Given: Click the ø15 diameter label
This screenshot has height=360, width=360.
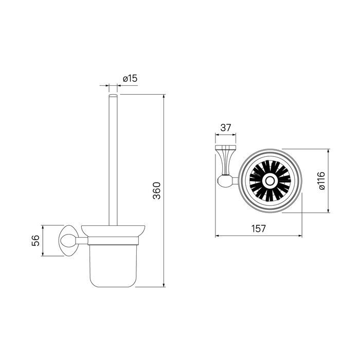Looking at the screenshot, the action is [130, 79].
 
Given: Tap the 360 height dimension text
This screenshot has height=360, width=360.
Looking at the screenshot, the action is [157, 191].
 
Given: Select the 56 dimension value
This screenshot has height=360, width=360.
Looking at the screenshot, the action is [35, 241].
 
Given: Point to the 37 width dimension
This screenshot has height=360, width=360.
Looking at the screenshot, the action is [225, 128].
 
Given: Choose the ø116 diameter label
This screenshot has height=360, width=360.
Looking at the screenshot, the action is [322, 181].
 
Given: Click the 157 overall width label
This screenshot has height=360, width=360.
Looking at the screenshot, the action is [258, 228].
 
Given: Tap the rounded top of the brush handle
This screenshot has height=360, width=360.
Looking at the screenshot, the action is [113, 95].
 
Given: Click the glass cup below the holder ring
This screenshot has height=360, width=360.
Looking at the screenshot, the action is [113, 266].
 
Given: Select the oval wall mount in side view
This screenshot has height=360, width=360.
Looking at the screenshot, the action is [68, 241].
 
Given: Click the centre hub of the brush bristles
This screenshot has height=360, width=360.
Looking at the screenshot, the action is [269, 181].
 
